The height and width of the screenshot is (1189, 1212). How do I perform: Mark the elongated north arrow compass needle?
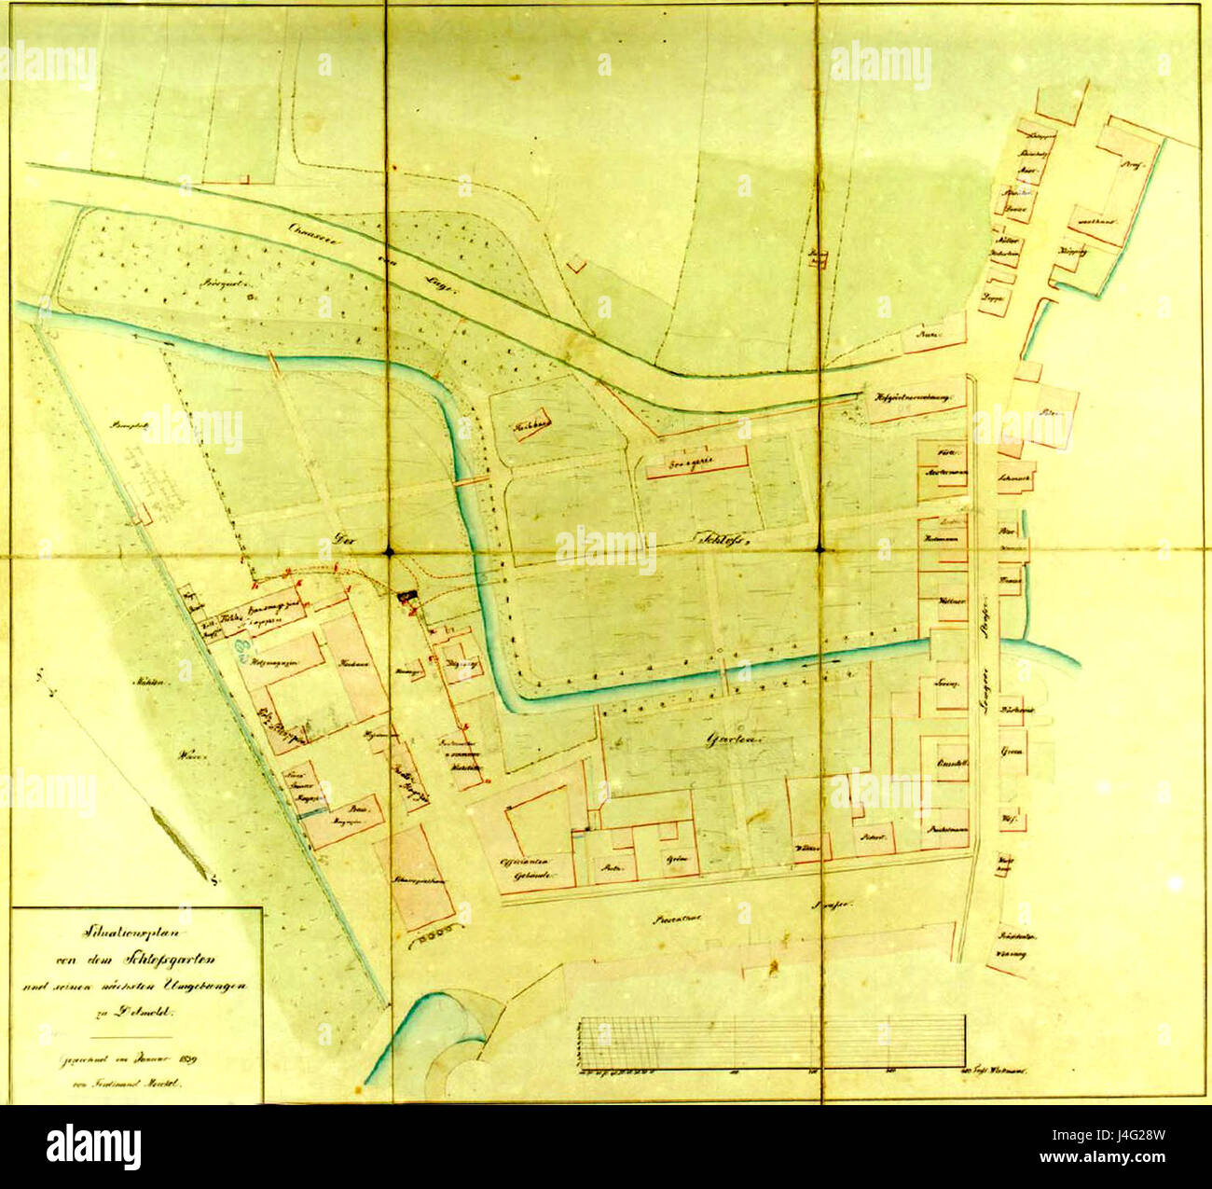(x=183, y=842)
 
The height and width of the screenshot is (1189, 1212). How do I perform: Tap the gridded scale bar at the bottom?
(x=772, y=1041)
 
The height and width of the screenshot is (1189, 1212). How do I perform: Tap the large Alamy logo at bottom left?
(x=93, y=1146)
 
